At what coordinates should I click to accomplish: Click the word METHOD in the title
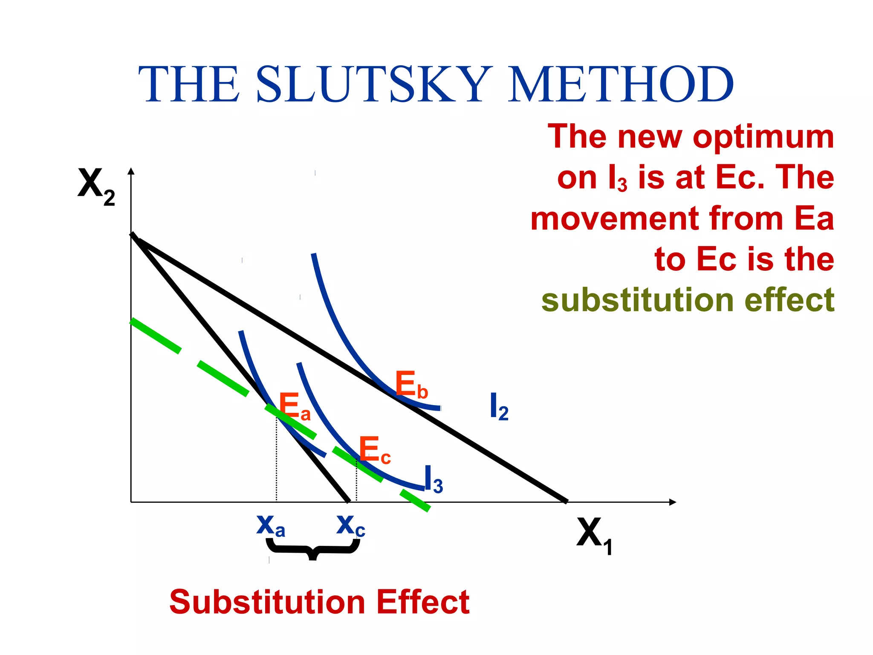(x=620, y=84)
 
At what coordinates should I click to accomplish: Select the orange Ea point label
(x=294, y=407)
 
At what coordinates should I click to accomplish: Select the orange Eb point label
(x=411, y=385)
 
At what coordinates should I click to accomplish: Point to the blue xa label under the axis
(x=270, y=526)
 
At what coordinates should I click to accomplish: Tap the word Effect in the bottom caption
(x=422, y=602)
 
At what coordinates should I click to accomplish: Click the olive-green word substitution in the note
(x=637, y=300)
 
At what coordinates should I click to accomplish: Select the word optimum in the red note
(x=763, y=136)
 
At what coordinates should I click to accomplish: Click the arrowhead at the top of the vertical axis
(x=131, y=171)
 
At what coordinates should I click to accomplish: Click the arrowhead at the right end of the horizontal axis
(x=672, y=502)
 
